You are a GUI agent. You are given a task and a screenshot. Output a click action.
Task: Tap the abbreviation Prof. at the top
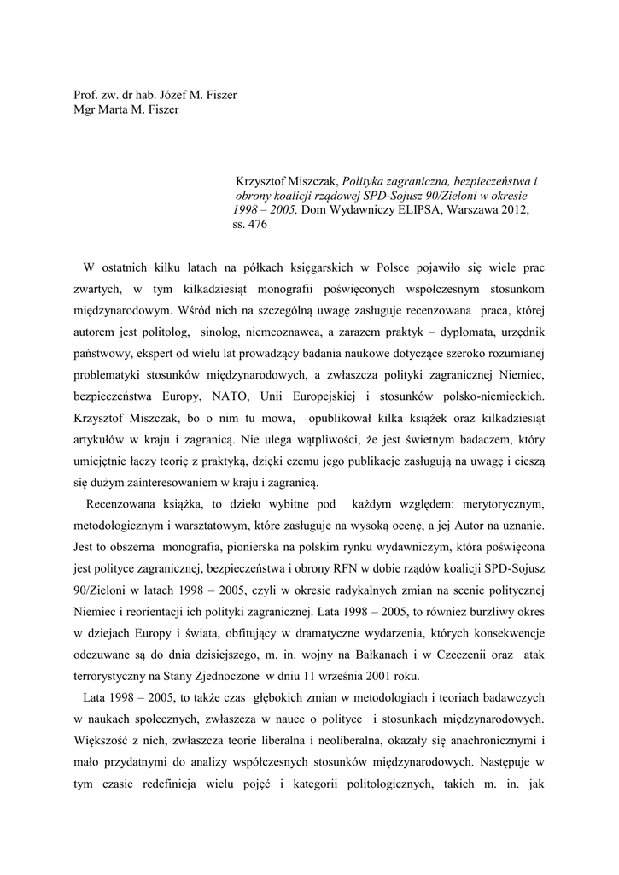(88, 95)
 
